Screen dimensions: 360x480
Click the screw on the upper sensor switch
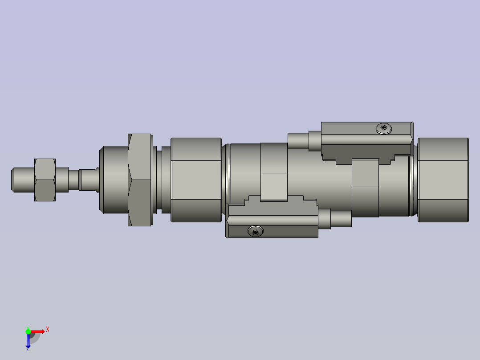384,129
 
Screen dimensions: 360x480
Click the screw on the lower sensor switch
255,231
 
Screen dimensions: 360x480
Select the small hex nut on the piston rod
45,179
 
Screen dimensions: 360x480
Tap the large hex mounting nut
140,180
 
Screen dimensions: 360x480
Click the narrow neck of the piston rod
89,179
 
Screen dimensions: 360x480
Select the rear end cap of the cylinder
443,180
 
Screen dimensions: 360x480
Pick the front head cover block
196,180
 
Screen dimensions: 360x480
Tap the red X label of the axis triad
48,329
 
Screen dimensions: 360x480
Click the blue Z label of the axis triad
28,349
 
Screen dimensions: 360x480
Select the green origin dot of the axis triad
28,331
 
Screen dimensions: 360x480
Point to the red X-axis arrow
38,331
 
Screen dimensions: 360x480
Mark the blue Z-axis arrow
28,341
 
